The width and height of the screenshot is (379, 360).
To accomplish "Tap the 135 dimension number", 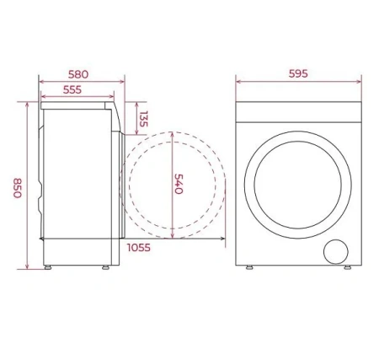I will (144, 120).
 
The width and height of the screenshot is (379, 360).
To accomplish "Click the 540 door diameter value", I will (179, 184).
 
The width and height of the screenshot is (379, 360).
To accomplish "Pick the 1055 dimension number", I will (140, 247).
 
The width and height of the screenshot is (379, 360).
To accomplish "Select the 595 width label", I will (297, 73).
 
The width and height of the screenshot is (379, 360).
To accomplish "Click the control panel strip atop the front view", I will (297, 112).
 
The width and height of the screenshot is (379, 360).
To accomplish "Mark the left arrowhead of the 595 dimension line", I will (238, 83).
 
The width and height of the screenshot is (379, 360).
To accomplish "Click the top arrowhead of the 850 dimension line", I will (29, 105).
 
